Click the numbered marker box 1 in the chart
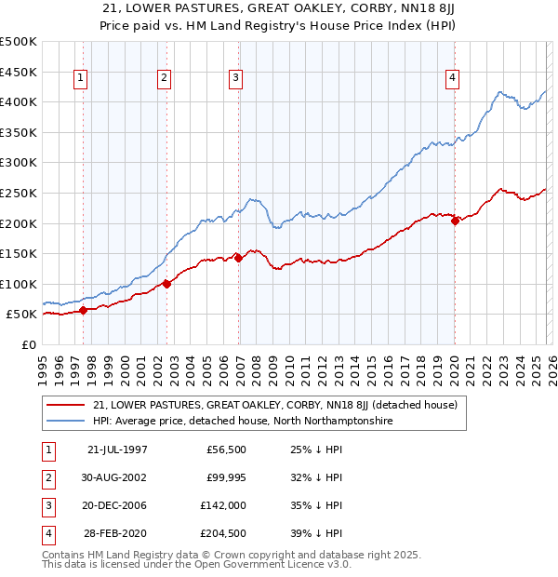tap(81, 79)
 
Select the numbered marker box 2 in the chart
tap(164, 79)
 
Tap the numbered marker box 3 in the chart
tap(236, 79)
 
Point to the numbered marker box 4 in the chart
tap(452, 79)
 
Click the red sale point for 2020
tap(455, 220)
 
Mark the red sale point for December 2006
tap(239, 258)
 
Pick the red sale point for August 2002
tap(167, 284)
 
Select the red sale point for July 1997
tap(84, 310)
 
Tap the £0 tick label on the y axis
tap(29, 344)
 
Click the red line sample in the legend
tap(66, 406)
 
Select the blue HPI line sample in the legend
tap(66, 421)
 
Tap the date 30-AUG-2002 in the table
tap(117, 477)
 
